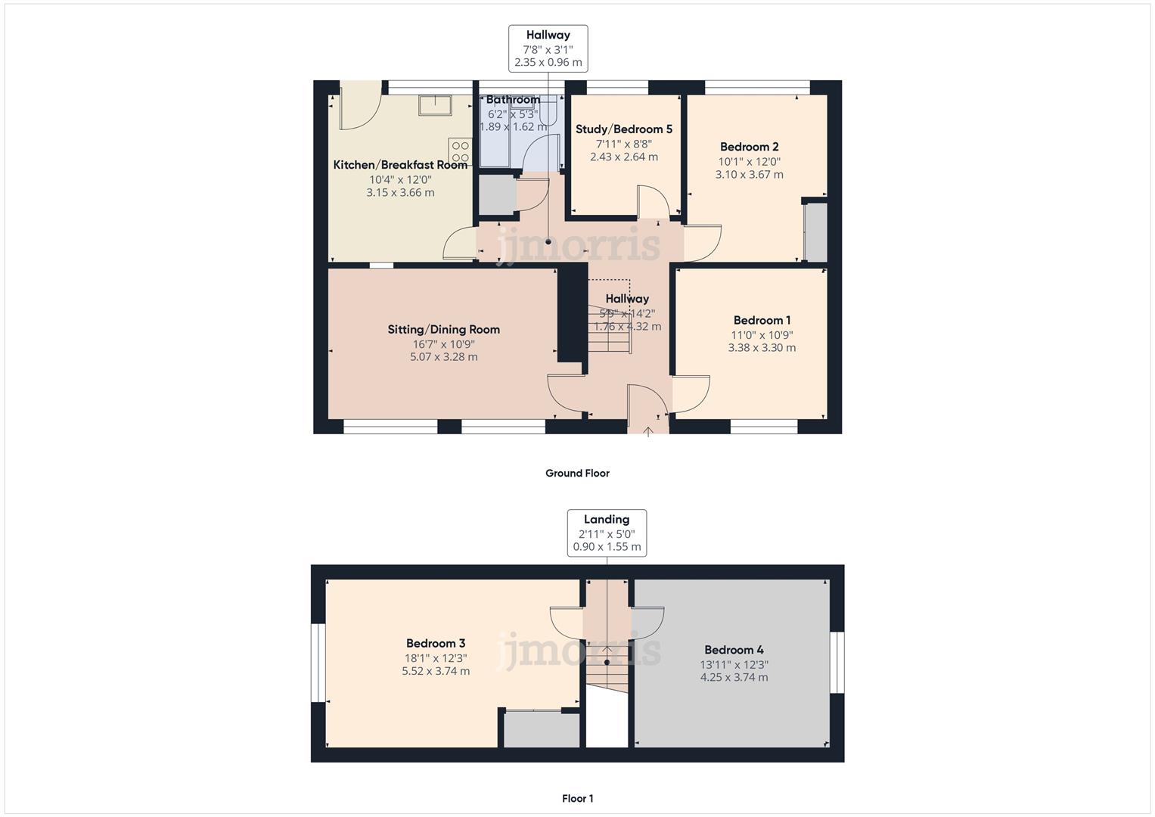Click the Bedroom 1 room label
pyautogui.click(x=762, y=321)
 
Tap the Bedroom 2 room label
pyautogui.click(x=749, y=147)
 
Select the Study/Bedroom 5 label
pyautogui.click(x=623, y=129)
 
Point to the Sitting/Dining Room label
pyautogui.click(x=443, y=330)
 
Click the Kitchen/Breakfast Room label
pyautogui.click(x=400, y=165)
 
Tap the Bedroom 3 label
pyautogui.click(x=436, y=644)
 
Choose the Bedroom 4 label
pyautogui.click(x=734, y=650)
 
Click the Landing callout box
pyautogui.click(x=607, y=533)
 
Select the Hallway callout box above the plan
pyautogui.click(x=548, y=48)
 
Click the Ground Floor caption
pyautogui.click(x=577, y=474)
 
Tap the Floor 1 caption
pyautogui.click(x=577, y=799)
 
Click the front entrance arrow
pyautogui.click(x=648, y=432)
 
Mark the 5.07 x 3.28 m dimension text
pyautogui.click(x=443, y=357)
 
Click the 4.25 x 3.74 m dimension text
pyautogui.click(x=734, y=678)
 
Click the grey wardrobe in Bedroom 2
pyautogui.click(x=815, y=231)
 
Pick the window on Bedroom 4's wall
pyautogui.click(x=837, y=663)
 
